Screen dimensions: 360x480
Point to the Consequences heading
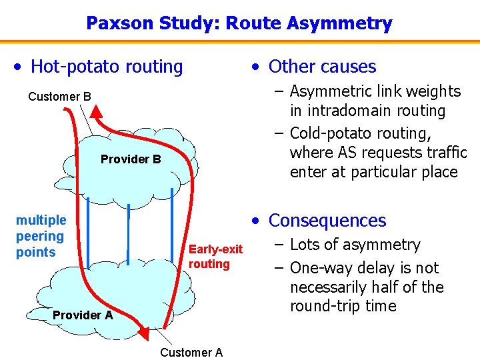(327, 221)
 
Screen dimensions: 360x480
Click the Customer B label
(59, 97)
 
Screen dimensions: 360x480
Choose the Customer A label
(191, 352)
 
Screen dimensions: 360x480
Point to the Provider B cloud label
(131, 159)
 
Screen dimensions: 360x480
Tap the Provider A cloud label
(83, 315)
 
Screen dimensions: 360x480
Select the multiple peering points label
(41, 236)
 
